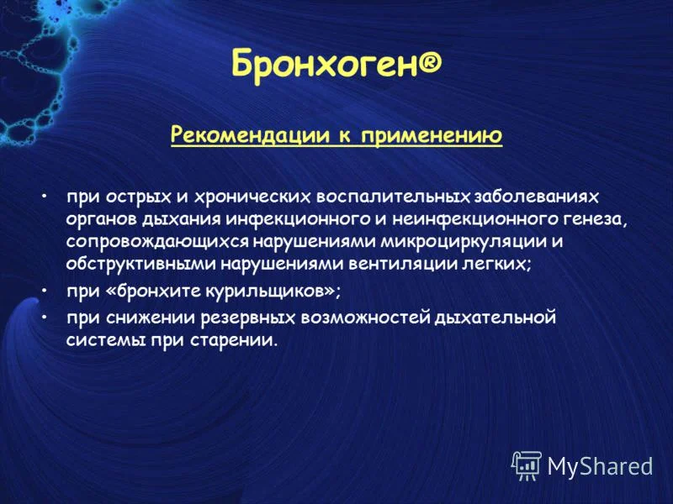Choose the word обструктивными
[x=140, y=264]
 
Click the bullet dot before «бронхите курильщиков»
[x=43, y=291]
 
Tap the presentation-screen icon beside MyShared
[x=527, y=465]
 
